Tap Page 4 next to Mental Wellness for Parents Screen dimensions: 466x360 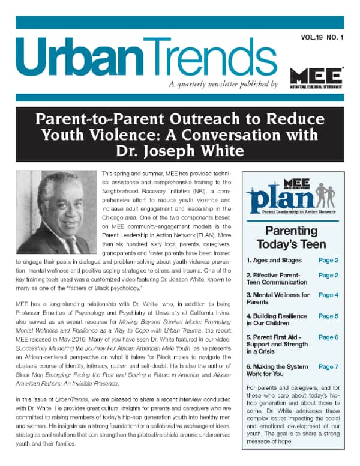click(x=328, y=295)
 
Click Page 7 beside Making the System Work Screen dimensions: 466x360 click(x=328, y=366)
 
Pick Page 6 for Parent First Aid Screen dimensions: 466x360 click(x=328, y=337)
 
